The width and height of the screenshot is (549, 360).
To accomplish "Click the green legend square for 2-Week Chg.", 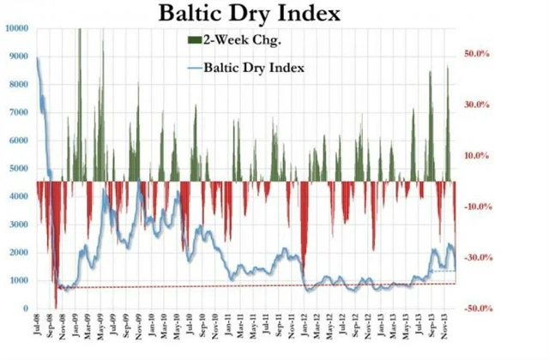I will coord(193,40).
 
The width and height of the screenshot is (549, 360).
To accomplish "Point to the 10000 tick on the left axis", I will coord(16,28).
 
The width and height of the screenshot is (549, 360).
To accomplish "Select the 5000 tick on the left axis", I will coord(19,168).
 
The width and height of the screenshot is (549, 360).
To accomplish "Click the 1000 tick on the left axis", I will coord(19,280).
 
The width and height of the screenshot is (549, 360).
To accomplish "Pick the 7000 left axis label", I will coord(19,112).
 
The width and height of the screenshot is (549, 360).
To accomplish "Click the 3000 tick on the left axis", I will coord(19,225).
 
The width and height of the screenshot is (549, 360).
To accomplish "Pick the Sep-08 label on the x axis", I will coord(53,330).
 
